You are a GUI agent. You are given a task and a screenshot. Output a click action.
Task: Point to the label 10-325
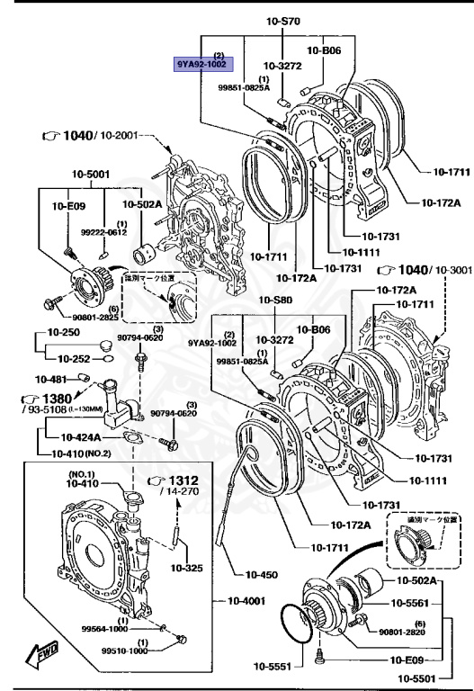188,569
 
